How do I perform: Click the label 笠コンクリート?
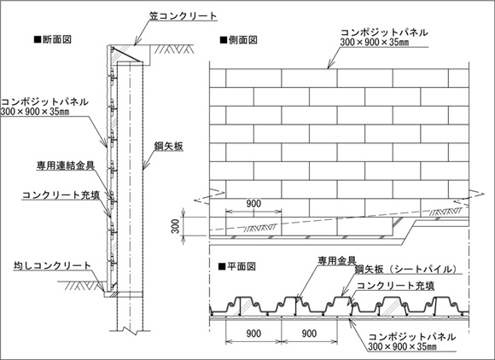[x=183, y=15]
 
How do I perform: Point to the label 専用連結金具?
[x=66, y=165]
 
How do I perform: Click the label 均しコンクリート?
[x=52, y=265]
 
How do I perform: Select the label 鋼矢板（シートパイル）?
[x=406, y=269]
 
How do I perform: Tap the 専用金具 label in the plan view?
[x=337, y=260]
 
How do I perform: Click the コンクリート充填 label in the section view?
[x=61, y=195]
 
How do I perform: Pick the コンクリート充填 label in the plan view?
[x=395, y=286]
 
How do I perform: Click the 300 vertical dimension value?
[x=176, y=226]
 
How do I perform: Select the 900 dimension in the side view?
[x=253, y=204]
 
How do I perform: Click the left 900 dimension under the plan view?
[x=253, y=334]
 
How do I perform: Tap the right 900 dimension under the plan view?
[x=309, y=334]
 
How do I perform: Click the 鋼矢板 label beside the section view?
[x=169, y=147]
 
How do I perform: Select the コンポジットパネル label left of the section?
[x=44, y=102]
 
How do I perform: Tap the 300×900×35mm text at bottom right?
[x=403, y=346]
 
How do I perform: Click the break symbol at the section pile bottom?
[x=130, y=330]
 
